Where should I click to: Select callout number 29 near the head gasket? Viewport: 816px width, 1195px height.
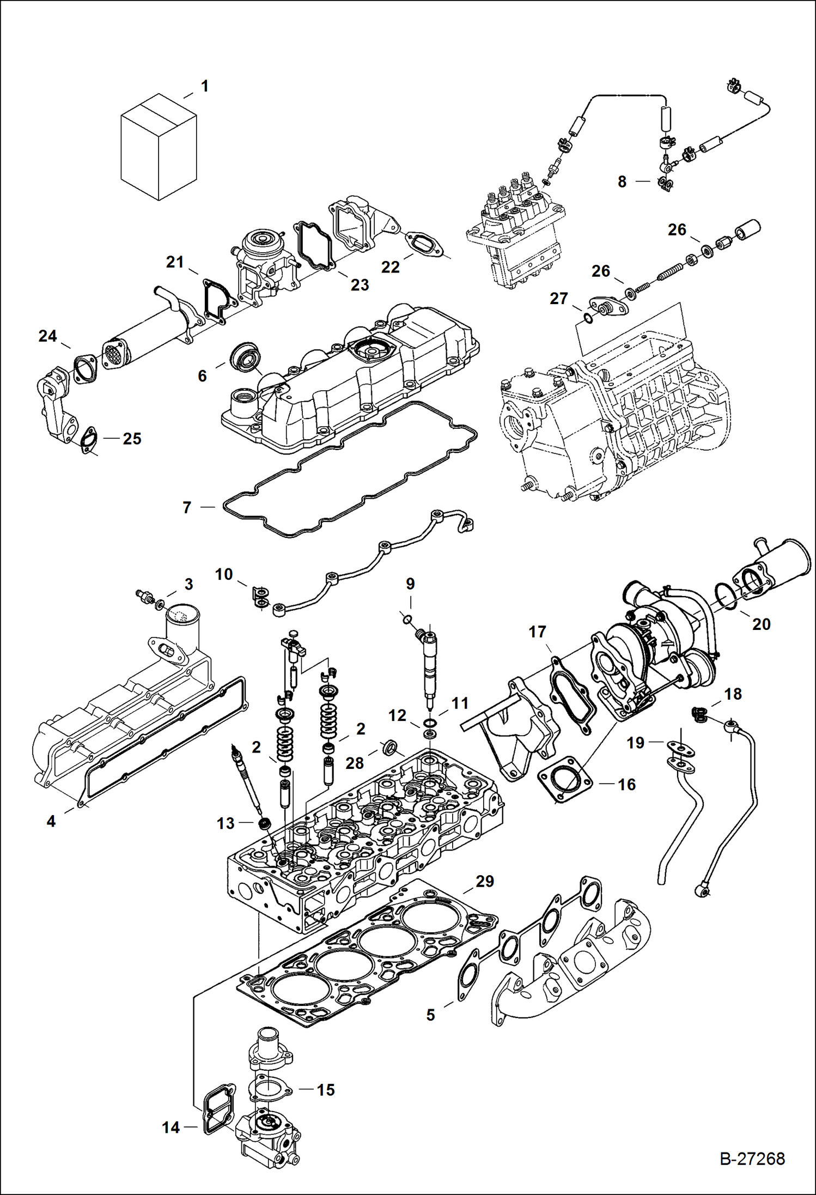tap(484, 881)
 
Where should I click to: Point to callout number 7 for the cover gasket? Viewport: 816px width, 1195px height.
tap(187, 507)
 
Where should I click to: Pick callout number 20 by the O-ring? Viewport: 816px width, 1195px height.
tap(761, 624)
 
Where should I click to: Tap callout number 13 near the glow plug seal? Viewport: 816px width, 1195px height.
tap(226, 823)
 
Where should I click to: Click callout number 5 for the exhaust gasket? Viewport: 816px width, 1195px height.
tap(430, 1015)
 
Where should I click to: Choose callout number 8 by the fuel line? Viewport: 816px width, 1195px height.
tap(622, 181)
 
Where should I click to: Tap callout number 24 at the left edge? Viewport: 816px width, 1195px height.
tap(47, 336)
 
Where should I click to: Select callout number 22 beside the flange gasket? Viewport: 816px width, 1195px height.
tap(390, 266)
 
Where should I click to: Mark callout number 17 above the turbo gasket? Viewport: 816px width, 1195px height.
tap(537, 632)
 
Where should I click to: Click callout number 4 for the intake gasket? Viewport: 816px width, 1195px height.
tap(51, 821)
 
